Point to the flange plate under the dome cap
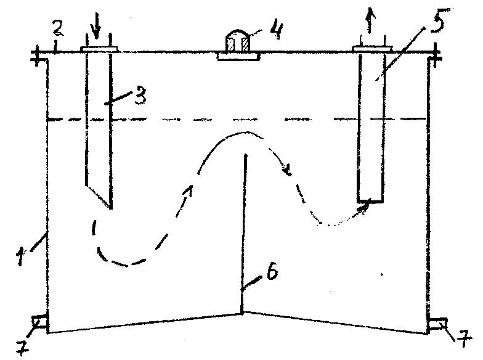[x=239, y=57]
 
